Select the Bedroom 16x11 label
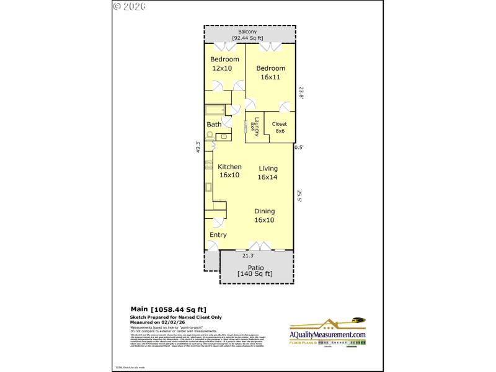coord(271,72)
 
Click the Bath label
coord(214,125)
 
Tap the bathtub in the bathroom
coord(215,110)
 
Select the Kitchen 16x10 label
coord(229,171)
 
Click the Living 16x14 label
coord(268,172)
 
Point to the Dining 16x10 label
coord(264,215)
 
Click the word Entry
coord(218,235)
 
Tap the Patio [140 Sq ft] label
coord(255,270)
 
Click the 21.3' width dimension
coord(248,255)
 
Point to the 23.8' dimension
coord(301,92)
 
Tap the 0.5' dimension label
coord(299,147)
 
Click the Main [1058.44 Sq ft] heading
coord(168,309)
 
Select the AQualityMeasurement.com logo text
coord(328,335)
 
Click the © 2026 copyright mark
coord(130,7)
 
